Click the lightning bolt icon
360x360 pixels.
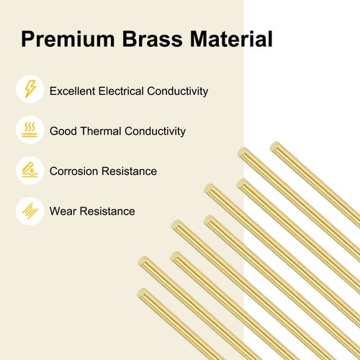(x=30, y=91)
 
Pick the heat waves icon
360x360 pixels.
(x=30, y=131)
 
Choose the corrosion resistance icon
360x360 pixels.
(x=30, y=171)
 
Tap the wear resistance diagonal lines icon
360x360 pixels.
(x=30, y=211)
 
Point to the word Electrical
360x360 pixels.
(x=129, y=91)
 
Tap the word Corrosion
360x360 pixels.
(x=73, y=171)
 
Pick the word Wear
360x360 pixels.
(x=63, y=212)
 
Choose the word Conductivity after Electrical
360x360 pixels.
(x=183, y=91)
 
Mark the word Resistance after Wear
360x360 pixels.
(x=107, y=212)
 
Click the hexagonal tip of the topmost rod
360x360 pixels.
(x=274, y=147)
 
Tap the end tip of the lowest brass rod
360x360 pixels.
(x=142, y=292)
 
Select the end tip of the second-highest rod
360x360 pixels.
(x=241, y=152)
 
